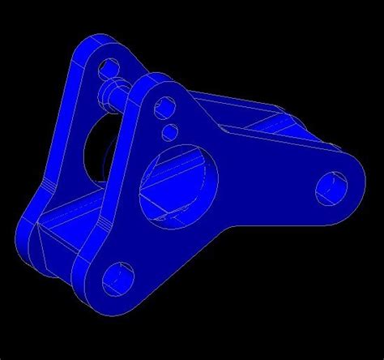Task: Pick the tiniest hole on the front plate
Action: pos(171,130)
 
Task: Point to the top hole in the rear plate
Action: pos(106,65)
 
